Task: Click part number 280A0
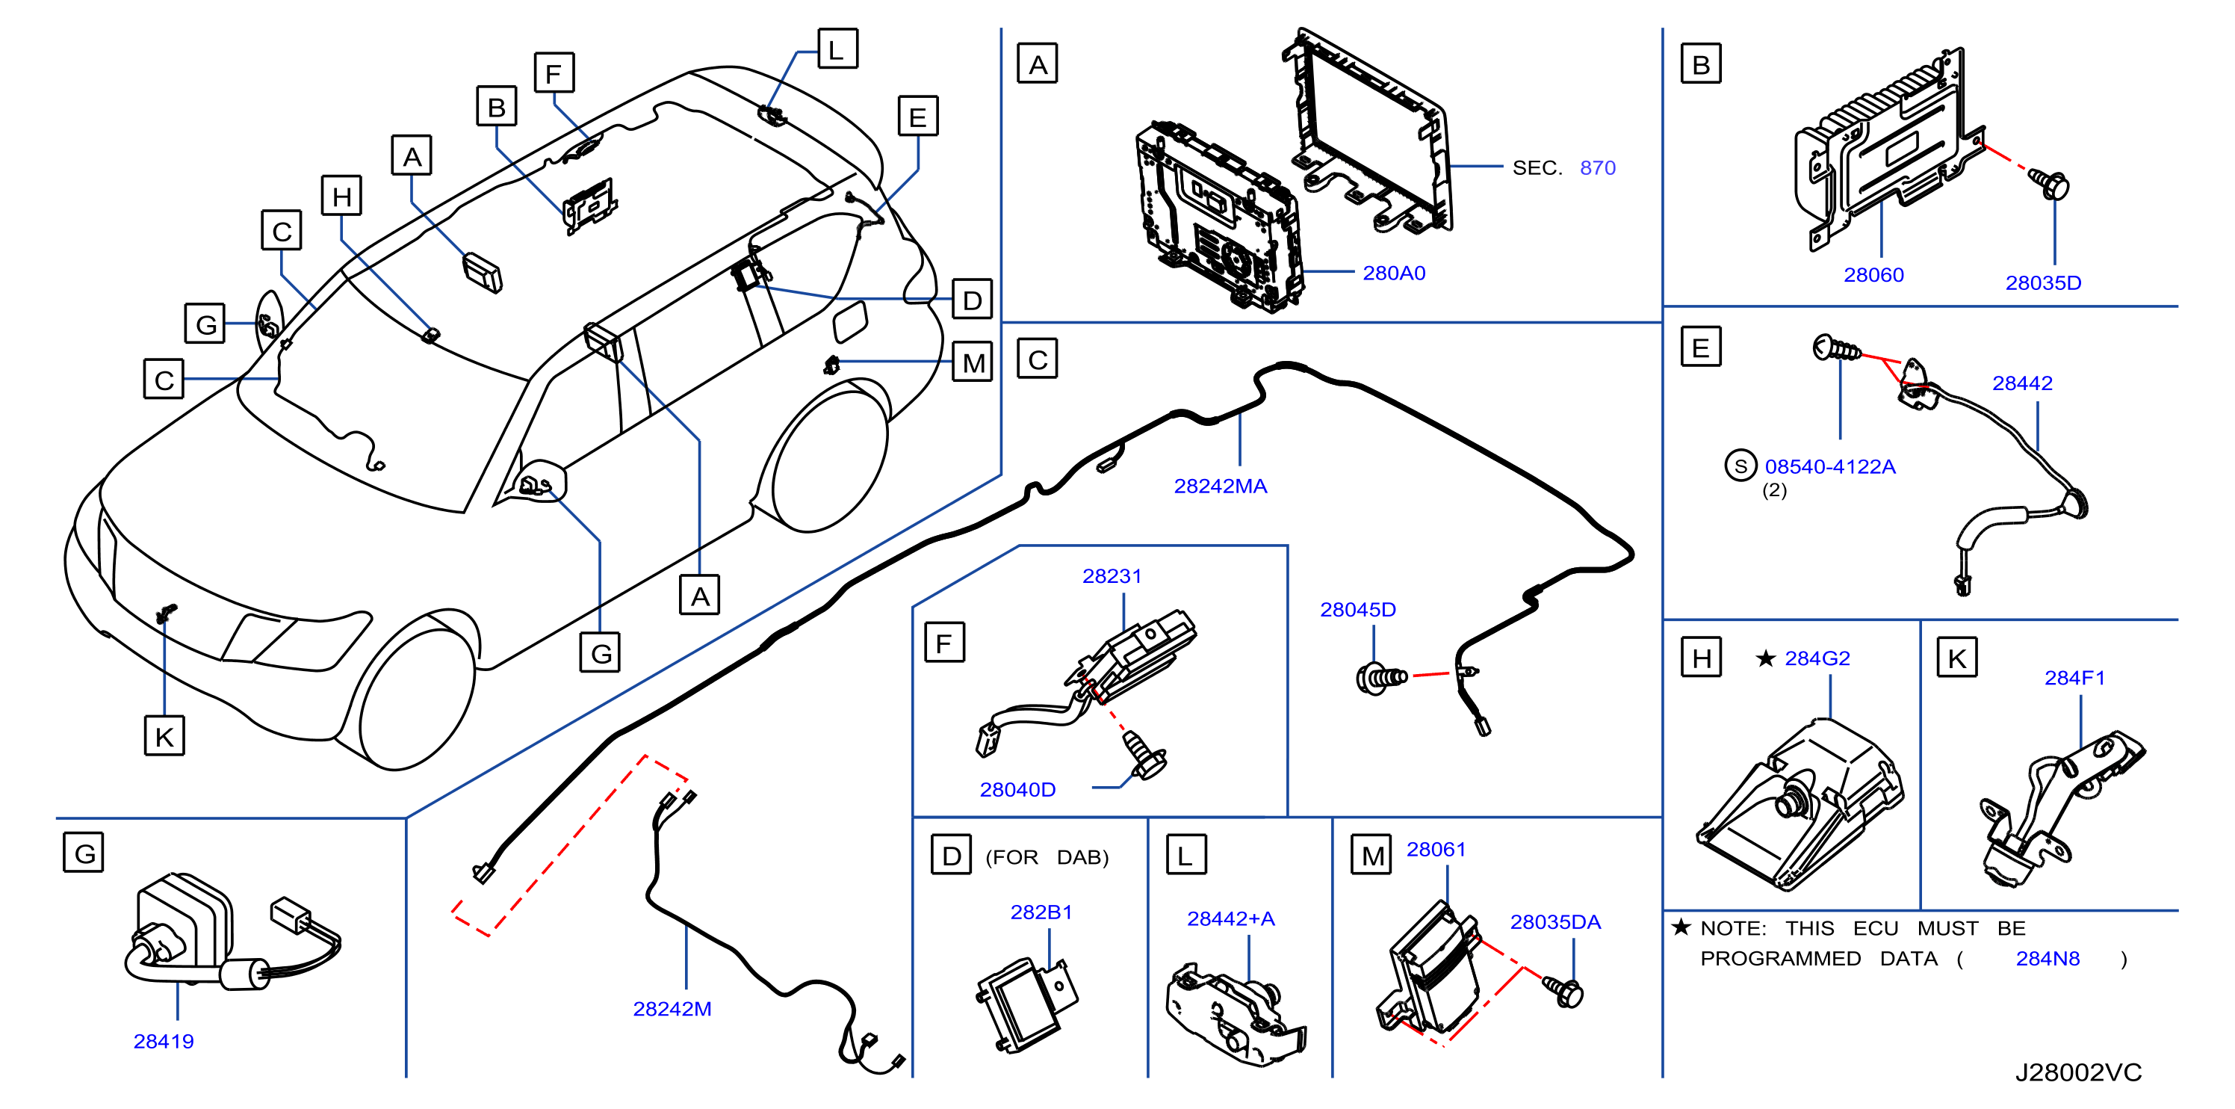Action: tap(1393, 274)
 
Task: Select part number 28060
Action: tap(1873, 275)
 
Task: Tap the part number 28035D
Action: tap(2042, 283)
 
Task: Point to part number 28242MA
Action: tap(1220, 486)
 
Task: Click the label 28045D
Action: tap(1357, 610)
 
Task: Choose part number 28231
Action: tap(1112, 576)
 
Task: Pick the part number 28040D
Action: tap(1017, 790)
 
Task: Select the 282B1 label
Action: tap(1041, 912)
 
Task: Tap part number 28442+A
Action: tap(1230, 919)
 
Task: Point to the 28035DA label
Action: tap(1554, 922)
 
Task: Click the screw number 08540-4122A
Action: tap(1830, 467)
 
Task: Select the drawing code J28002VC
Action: tap(2078, 1073)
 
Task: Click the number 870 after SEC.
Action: tap(1597, 168)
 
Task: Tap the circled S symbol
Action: tap(1740, 466)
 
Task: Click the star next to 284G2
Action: tap(1764, 658)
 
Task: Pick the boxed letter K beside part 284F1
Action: tap(1956, 658)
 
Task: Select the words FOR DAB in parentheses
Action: tap(1047, 857)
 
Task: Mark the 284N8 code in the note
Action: tap(2048, 959)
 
